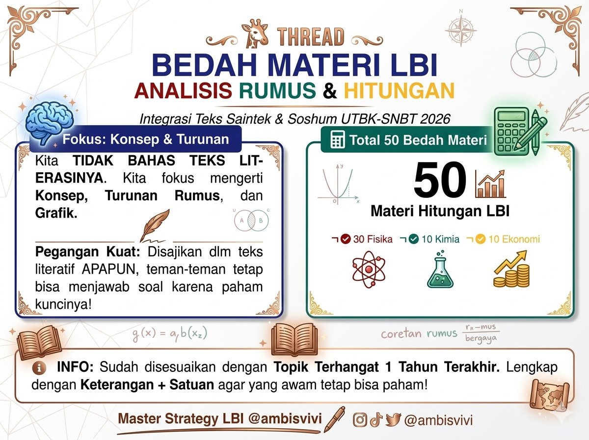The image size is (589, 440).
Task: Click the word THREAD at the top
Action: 311,37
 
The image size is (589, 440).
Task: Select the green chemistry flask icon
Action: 440,270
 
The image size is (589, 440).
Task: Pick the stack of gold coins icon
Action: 511,270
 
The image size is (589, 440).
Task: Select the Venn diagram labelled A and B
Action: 251,220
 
